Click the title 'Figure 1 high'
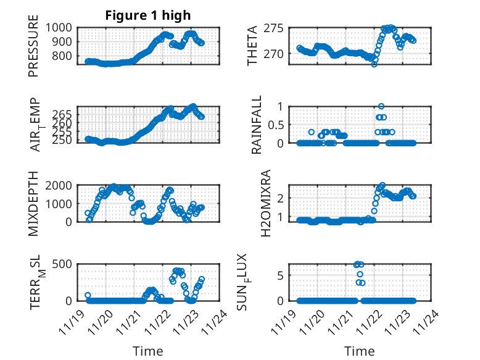coord(148,15)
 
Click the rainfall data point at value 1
coord(381,106)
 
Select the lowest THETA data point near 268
coord(374,64)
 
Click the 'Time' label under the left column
coord(148,351)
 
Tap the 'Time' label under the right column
coord(360,351)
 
